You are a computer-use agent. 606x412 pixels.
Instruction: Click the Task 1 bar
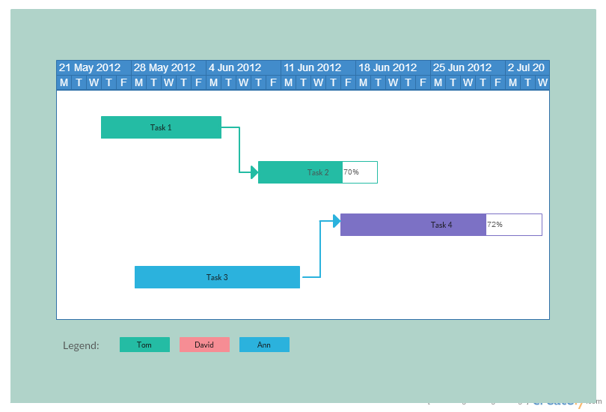[161, 127]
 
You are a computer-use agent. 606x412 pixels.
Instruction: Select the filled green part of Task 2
[300, 172]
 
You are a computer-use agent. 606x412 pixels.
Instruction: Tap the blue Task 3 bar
[217, 277]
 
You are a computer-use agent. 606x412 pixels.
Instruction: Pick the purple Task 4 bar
[413, 225]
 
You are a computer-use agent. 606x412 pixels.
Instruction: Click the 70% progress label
[351, 172]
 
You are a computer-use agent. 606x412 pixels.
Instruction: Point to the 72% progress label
[495, 225]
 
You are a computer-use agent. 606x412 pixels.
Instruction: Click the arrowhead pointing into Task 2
[254, 172]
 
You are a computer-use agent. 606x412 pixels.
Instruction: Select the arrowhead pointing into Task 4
[337, 221]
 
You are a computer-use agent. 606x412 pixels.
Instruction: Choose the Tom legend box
[144, 345]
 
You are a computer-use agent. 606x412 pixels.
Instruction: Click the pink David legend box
[204, 345]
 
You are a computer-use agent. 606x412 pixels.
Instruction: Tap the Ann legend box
[264, 345]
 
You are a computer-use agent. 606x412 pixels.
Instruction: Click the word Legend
[81, 345]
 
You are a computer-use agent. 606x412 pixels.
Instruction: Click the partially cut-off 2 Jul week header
[527, 67]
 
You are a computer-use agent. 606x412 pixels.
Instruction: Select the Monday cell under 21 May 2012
[64, 82]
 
